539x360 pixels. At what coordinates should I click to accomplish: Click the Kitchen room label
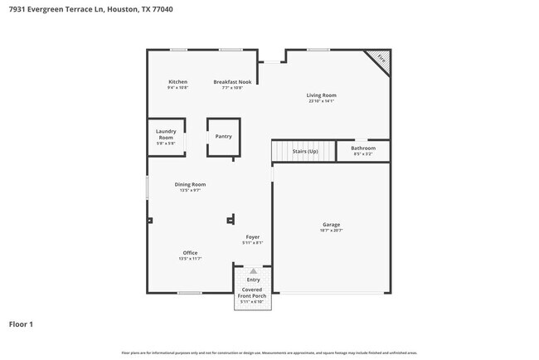177,82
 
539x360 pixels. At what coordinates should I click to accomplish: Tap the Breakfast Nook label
232,82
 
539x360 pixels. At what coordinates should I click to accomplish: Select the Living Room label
321,95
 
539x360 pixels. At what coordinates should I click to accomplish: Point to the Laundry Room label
166,134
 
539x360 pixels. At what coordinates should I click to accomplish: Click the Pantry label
223,136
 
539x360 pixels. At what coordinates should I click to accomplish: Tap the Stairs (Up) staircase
303,151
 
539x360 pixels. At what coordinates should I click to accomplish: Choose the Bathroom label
363,148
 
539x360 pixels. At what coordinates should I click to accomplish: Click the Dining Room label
190,184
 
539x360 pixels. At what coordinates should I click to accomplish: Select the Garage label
331,225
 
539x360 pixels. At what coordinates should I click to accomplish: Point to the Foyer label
252,237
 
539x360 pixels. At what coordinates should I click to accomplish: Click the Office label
190,253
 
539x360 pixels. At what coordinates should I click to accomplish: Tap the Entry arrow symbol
253,271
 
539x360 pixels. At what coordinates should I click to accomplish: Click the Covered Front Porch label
252,293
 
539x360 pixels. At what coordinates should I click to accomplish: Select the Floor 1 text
21,324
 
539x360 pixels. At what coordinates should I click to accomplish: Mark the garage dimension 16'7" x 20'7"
331,231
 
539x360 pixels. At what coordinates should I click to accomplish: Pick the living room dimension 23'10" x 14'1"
321,101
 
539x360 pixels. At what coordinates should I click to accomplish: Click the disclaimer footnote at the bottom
269,353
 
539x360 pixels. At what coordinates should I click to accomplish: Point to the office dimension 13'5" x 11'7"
190,259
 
